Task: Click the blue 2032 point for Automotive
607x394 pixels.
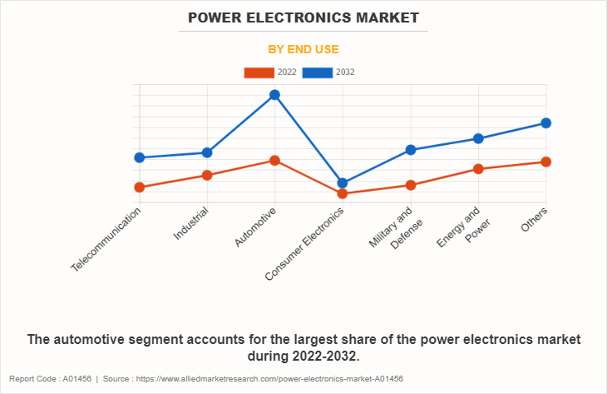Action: click(274, 95)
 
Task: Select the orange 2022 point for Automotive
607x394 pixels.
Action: click(274, 160)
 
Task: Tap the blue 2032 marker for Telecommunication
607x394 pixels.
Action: click(140, 157)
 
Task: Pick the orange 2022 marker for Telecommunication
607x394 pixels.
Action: click(140, 187)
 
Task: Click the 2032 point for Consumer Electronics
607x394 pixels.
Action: click(343, 183)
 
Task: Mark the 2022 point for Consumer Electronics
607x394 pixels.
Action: click(343, 194)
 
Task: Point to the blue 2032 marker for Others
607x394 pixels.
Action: click(546, 123)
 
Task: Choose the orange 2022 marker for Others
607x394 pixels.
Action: click(546, 162)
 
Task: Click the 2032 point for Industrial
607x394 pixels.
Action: click(207, 152)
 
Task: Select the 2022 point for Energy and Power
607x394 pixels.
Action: click(478, 169)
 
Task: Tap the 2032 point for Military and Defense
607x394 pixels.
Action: click(411, 150)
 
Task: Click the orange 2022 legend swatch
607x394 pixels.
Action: click(259, 72)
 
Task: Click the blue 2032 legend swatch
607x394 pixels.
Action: click(318, 72)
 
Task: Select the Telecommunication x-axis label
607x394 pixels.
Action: click(106, 239)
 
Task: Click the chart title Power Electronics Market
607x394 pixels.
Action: click(303, 17)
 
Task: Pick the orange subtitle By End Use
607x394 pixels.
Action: click(303, 49)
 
